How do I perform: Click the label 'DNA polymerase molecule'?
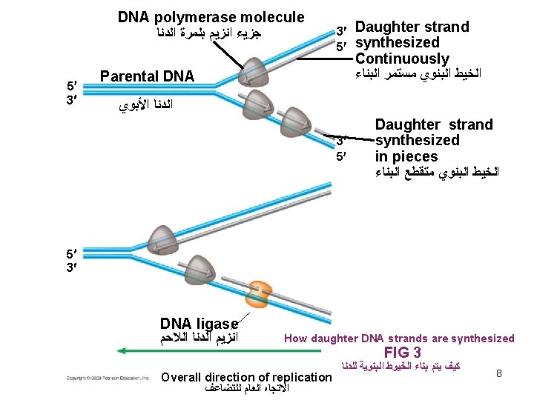point(211,17)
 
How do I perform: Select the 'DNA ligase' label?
point(199,324)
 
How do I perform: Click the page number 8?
point(499,374)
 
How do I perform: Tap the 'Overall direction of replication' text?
point(245,377)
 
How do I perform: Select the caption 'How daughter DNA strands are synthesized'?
point(399,339)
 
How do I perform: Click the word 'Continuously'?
point(402,59)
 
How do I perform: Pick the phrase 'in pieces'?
point(406,156)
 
